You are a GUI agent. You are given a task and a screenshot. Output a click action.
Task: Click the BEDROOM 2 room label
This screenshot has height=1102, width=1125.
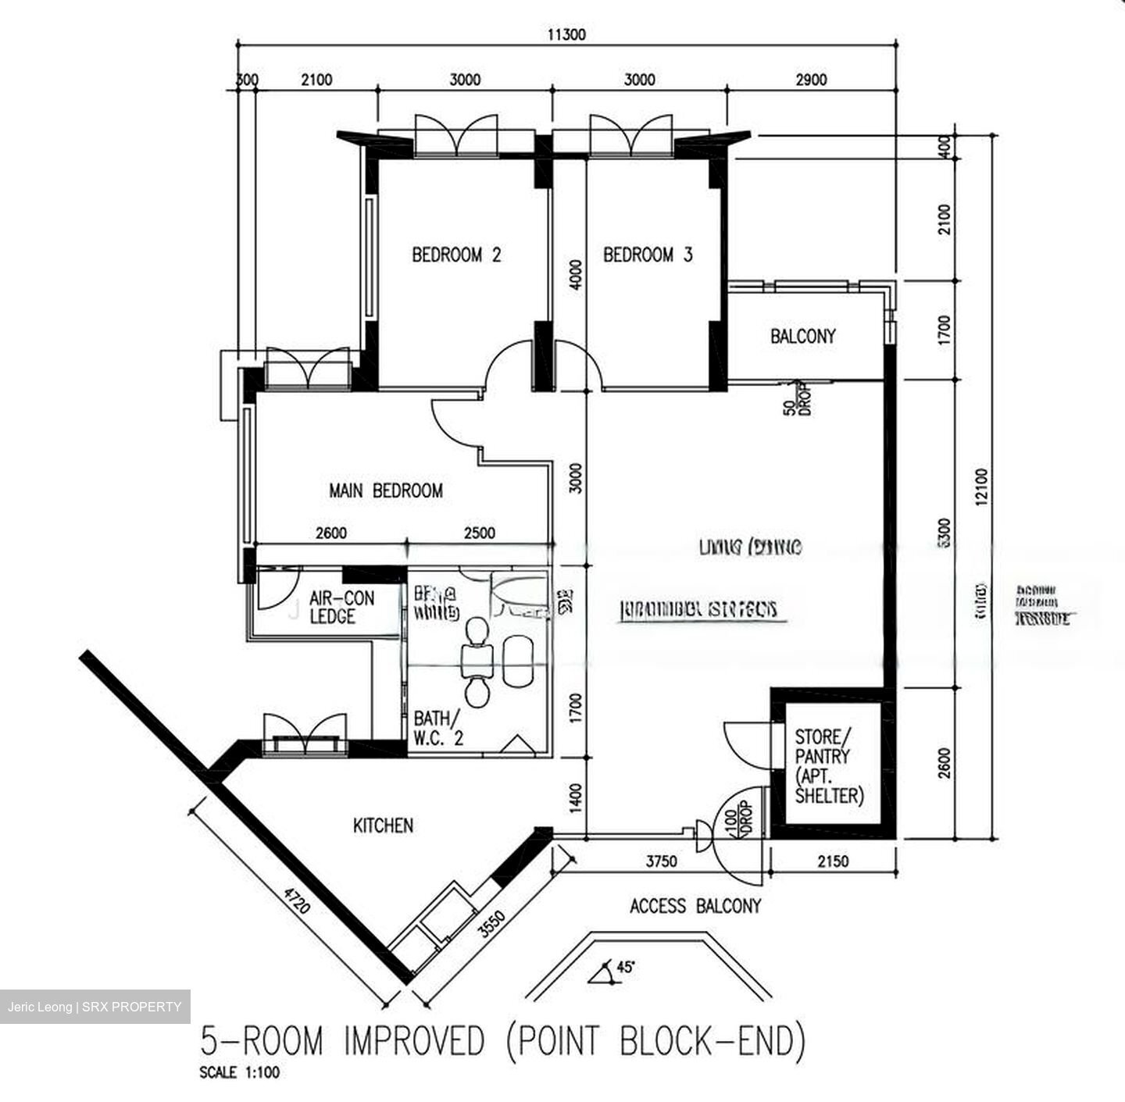pos(456,255)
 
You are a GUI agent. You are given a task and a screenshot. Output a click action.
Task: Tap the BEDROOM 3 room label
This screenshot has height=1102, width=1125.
pos(648,255)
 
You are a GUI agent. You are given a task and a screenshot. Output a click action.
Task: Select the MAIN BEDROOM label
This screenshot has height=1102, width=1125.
pos(386,490)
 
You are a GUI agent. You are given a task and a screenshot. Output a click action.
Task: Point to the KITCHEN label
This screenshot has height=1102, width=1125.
pos(383,826)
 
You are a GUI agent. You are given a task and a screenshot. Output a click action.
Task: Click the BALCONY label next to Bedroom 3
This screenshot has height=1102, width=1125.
pos(802,336)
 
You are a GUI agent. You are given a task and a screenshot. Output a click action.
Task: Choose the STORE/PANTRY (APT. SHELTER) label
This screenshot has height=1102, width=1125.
pos(829,766)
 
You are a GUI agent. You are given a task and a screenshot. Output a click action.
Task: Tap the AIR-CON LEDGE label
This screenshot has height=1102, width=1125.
pos(341,607)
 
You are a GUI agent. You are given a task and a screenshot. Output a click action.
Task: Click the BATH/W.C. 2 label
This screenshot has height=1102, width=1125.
pos(438,727)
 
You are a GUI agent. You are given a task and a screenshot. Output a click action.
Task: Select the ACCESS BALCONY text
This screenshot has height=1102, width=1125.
pos(695,906)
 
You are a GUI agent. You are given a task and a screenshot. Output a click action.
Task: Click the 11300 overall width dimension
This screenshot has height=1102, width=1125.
pos(566,34)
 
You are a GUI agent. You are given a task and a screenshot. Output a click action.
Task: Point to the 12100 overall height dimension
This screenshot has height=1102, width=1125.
pos(981,488)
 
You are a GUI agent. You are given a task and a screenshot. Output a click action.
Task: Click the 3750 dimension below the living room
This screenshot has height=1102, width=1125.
pos(661,861)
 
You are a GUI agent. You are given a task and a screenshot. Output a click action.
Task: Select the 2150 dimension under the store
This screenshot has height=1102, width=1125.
pos(832,861)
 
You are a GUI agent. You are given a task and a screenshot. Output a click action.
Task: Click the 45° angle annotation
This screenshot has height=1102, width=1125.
pos(625,967)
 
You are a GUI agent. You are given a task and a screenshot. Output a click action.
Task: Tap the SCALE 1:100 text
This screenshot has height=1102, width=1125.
pos(239,1072)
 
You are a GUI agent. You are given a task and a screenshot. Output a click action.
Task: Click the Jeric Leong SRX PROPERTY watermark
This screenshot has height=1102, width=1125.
pos(95,1007)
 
